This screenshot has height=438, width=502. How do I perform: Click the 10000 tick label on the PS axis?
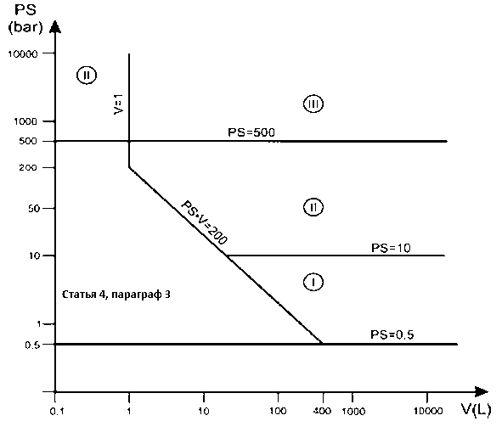23,53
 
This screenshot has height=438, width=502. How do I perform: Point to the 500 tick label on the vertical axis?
28,141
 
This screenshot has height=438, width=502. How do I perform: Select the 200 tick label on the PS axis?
28,167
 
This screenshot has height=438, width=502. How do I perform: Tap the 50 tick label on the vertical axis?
34,209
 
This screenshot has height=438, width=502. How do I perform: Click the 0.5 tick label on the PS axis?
32,345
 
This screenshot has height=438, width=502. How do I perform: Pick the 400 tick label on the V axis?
322,411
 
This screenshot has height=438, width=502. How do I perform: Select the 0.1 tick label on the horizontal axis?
57,412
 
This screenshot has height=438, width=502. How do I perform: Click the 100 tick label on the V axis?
278,411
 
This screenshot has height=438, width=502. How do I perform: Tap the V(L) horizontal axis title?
476,410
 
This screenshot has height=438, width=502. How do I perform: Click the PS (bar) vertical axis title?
25,19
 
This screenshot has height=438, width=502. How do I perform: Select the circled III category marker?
313,104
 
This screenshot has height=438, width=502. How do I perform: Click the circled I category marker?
313,282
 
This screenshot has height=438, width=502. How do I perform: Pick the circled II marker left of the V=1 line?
87,76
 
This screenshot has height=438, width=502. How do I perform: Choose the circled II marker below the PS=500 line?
313,207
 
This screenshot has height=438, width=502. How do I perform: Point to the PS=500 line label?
251,132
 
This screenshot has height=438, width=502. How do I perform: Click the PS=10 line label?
391,248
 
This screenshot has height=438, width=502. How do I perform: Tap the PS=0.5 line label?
392,334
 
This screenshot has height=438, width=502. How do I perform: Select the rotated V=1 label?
118,104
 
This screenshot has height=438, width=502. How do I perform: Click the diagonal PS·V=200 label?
204,222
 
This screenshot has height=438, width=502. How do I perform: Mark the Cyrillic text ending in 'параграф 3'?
116,295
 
